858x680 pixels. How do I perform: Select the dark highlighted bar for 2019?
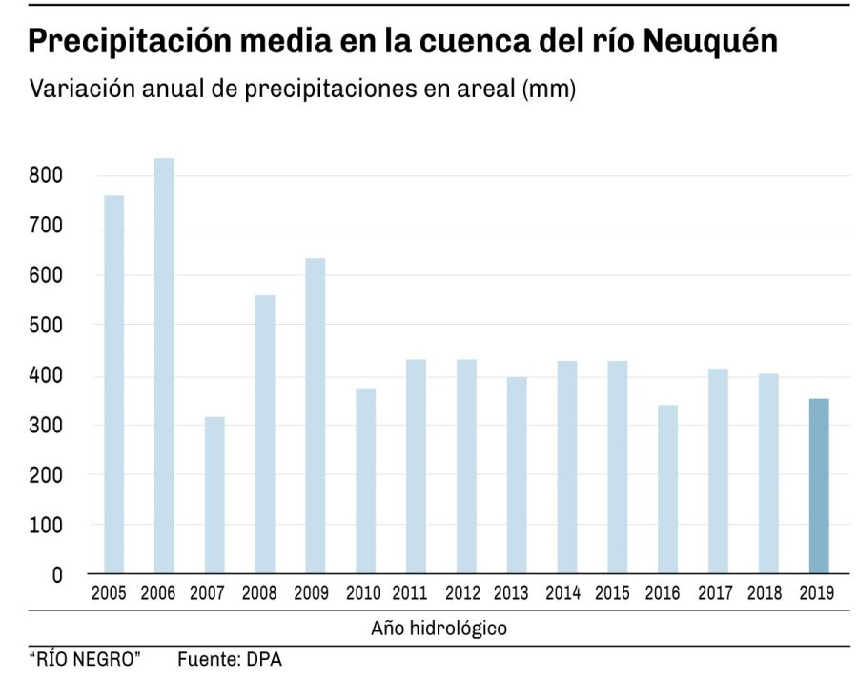(x=819, y=486)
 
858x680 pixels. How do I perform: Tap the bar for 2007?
(x=214, y=495)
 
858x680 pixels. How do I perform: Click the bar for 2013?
(x=517, y=475)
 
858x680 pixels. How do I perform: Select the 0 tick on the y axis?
(x=56, y=574)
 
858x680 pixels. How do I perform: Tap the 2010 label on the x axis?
(x=362, y=593)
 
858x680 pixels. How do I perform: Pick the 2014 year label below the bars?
(x=562, y=593)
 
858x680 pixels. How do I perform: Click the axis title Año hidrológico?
(x=439, y=629)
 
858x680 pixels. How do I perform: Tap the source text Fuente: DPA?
(x=230, y=658)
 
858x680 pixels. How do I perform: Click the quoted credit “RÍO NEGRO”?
(x=85, y=658)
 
